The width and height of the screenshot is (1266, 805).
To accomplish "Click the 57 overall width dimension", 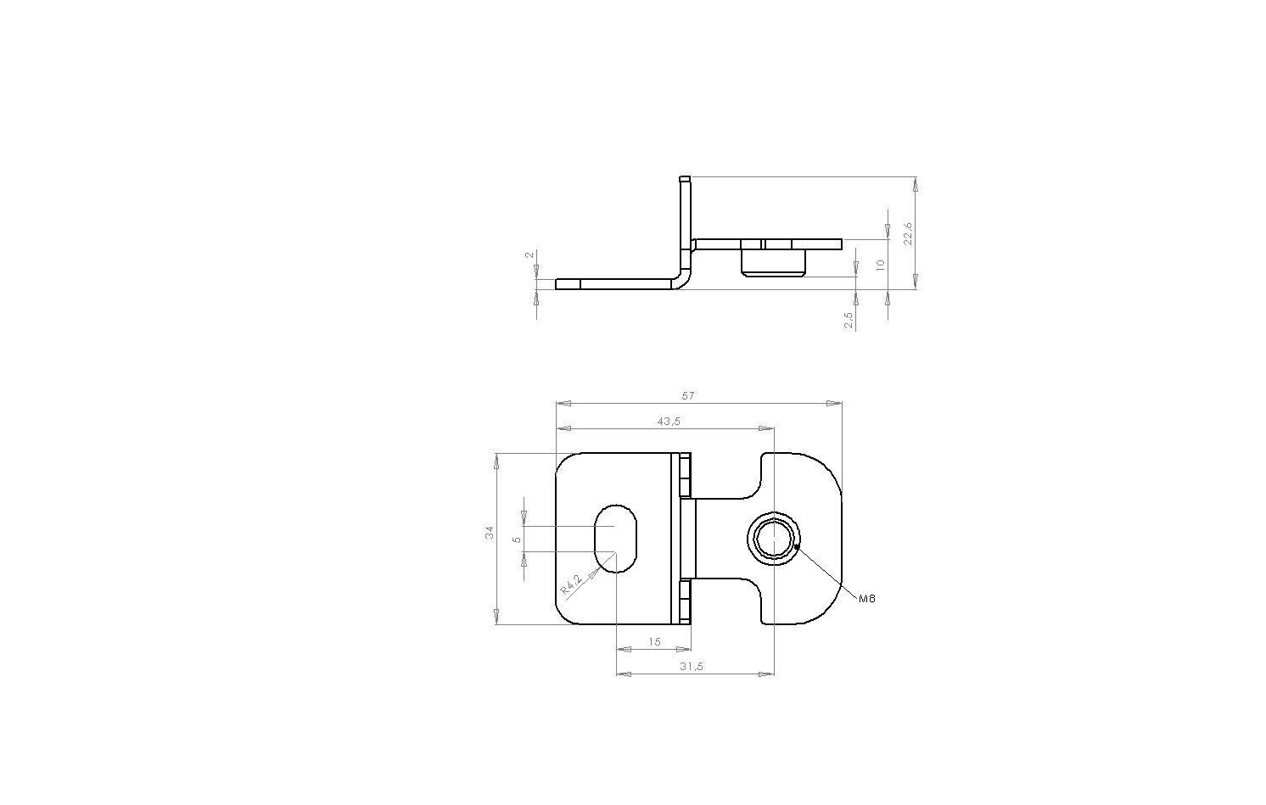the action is coord(687,396).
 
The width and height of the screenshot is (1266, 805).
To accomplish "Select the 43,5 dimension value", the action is coord(669,422).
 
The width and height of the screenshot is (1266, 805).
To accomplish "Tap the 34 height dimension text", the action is coord(490,532).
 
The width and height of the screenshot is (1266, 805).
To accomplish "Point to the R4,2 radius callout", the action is coord(570,584).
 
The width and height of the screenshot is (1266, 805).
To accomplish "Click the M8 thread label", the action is coord(867,599).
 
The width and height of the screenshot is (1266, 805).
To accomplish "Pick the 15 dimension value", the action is coord(654,642).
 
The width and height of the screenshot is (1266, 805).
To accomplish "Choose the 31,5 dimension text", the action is coord(692,667).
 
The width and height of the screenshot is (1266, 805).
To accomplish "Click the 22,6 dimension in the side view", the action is coord(908,233).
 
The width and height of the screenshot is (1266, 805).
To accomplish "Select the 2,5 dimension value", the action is coord(849,321).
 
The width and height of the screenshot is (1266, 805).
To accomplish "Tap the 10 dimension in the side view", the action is coord(880,265).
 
